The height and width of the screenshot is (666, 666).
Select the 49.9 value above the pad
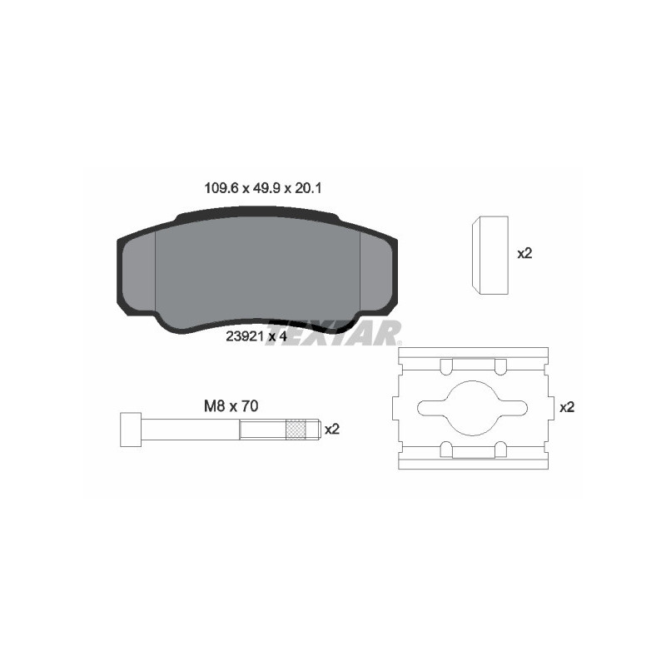point(266,189)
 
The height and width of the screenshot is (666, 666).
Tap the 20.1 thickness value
point(310,189)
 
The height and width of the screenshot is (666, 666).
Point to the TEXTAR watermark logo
point(333,333)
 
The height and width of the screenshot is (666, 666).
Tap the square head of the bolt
point(130,430)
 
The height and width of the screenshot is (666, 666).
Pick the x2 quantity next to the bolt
point(332,430)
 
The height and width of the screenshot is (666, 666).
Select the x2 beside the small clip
point(524,253)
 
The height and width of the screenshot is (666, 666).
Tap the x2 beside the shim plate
point(567,407)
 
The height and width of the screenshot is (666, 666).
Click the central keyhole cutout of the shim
point(473,406)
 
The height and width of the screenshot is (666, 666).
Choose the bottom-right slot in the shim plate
point(499,450)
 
